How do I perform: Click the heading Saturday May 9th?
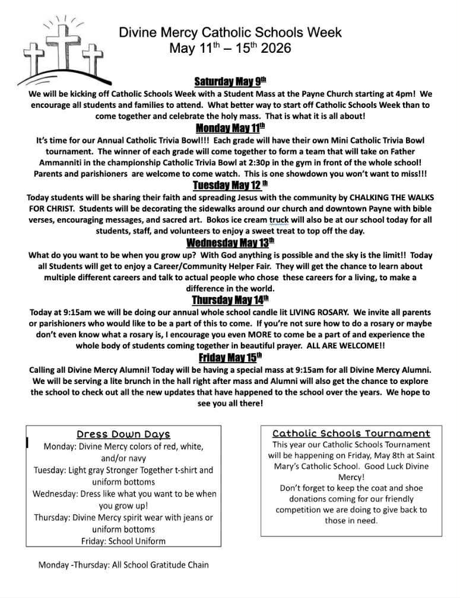tap(230, 82)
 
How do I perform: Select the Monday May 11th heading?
tap(230, 128)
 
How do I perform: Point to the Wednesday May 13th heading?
tap(230, 242)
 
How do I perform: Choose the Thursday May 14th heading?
tap(230, 300)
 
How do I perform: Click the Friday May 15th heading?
tap(230, 357)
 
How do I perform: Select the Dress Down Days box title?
tap(123, 434)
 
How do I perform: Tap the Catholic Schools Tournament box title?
tap(351, 434)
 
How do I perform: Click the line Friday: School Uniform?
tap(123, 541)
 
